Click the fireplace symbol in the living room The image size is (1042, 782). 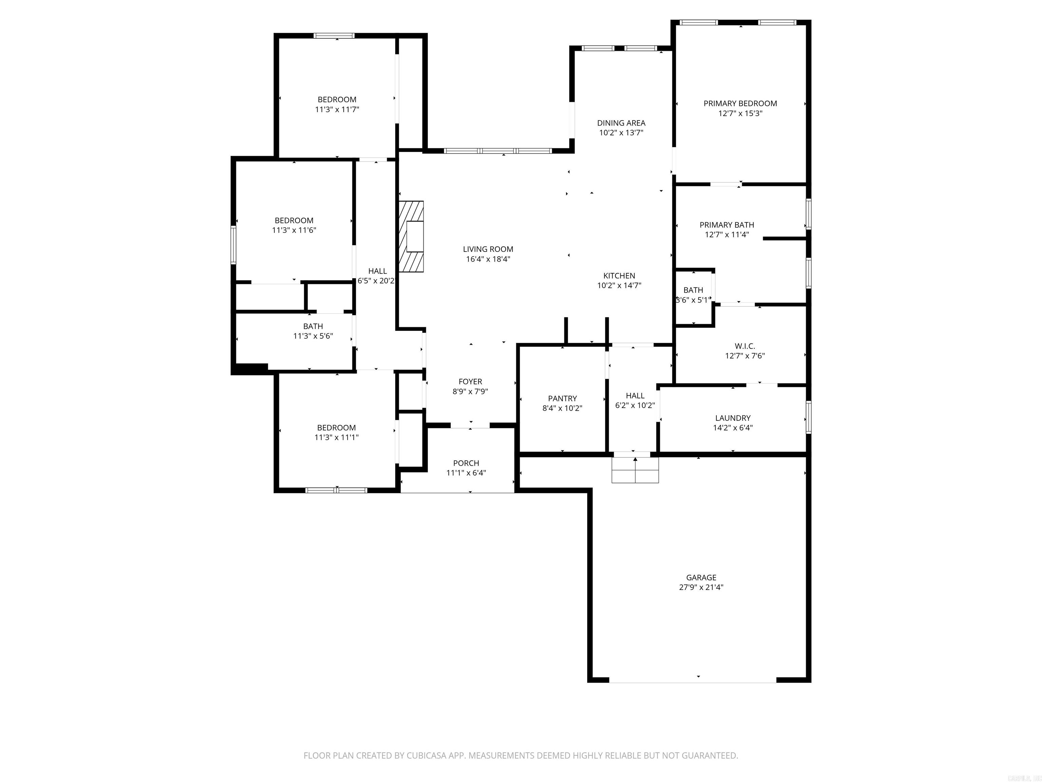pyautogui.click(x=411, y=236)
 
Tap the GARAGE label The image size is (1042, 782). pyautogui.click(x=701, y=577)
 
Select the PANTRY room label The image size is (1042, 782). pyautogui.click(x=562, y=398)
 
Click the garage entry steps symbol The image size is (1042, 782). pyautogui.click(x=635, y=470)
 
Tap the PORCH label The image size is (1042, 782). pyautogui.click(x=466, y=463)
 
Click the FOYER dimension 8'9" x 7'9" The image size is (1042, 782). pyautogui.click(x=470, y=391)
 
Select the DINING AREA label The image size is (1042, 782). pyautogui.click(x=621, y=123)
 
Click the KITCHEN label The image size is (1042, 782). pyautogui.click(x=619, y=276)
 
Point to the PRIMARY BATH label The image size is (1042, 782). pyautogui.click(x=727, y=225)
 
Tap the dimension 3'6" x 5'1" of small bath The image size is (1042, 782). pyautogui.click(x=693, y=300)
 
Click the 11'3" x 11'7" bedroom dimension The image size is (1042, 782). pyautogui.click(x=337, y=109)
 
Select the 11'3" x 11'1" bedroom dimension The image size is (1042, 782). pyautogui.click(x=336, y=437)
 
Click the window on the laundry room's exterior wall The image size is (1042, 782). pyautogui.click(x=808, y=417)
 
